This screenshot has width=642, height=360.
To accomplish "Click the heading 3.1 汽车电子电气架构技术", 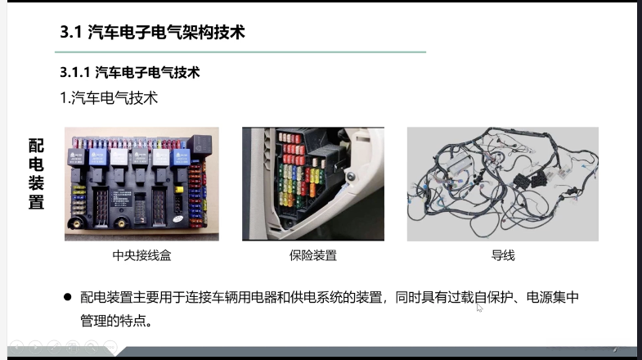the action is (152, 32).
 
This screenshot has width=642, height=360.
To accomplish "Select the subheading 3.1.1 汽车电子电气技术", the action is (130, 73).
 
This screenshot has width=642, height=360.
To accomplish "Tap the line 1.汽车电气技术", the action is (109, 98).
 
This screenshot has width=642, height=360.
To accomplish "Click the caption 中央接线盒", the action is (141, 255).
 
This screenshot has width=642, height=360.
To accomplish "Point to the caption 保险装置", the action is (312, 255).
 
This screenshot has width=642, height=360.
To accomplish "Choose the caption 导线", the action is (503, 255).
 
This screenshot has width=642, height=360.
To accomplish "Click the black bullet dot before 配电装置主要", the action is (68, 297).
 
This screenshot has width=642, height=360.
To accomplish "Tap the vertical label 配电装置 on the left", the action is (36, 173).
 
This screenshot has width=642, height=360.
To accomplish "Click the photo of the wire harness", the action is (503, 184).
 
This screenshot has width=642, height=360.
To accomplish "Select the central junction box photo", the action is (141, 184).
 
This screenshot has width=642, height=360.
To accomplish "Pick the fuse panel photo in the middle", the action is (313, 184).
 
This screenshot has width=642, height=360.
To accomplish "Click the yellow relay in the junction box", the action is (179, 190).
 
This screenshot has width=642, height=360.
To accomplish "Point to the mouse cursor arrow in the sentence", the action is (479, 308).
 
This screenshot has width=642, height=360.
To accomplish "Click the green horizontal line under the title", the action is (240, 52).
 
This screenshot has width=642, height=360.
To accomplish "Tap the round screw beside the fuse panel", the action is (351, 177).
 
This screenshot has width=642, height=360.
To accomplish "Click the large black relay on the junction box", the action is (200, 146).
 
